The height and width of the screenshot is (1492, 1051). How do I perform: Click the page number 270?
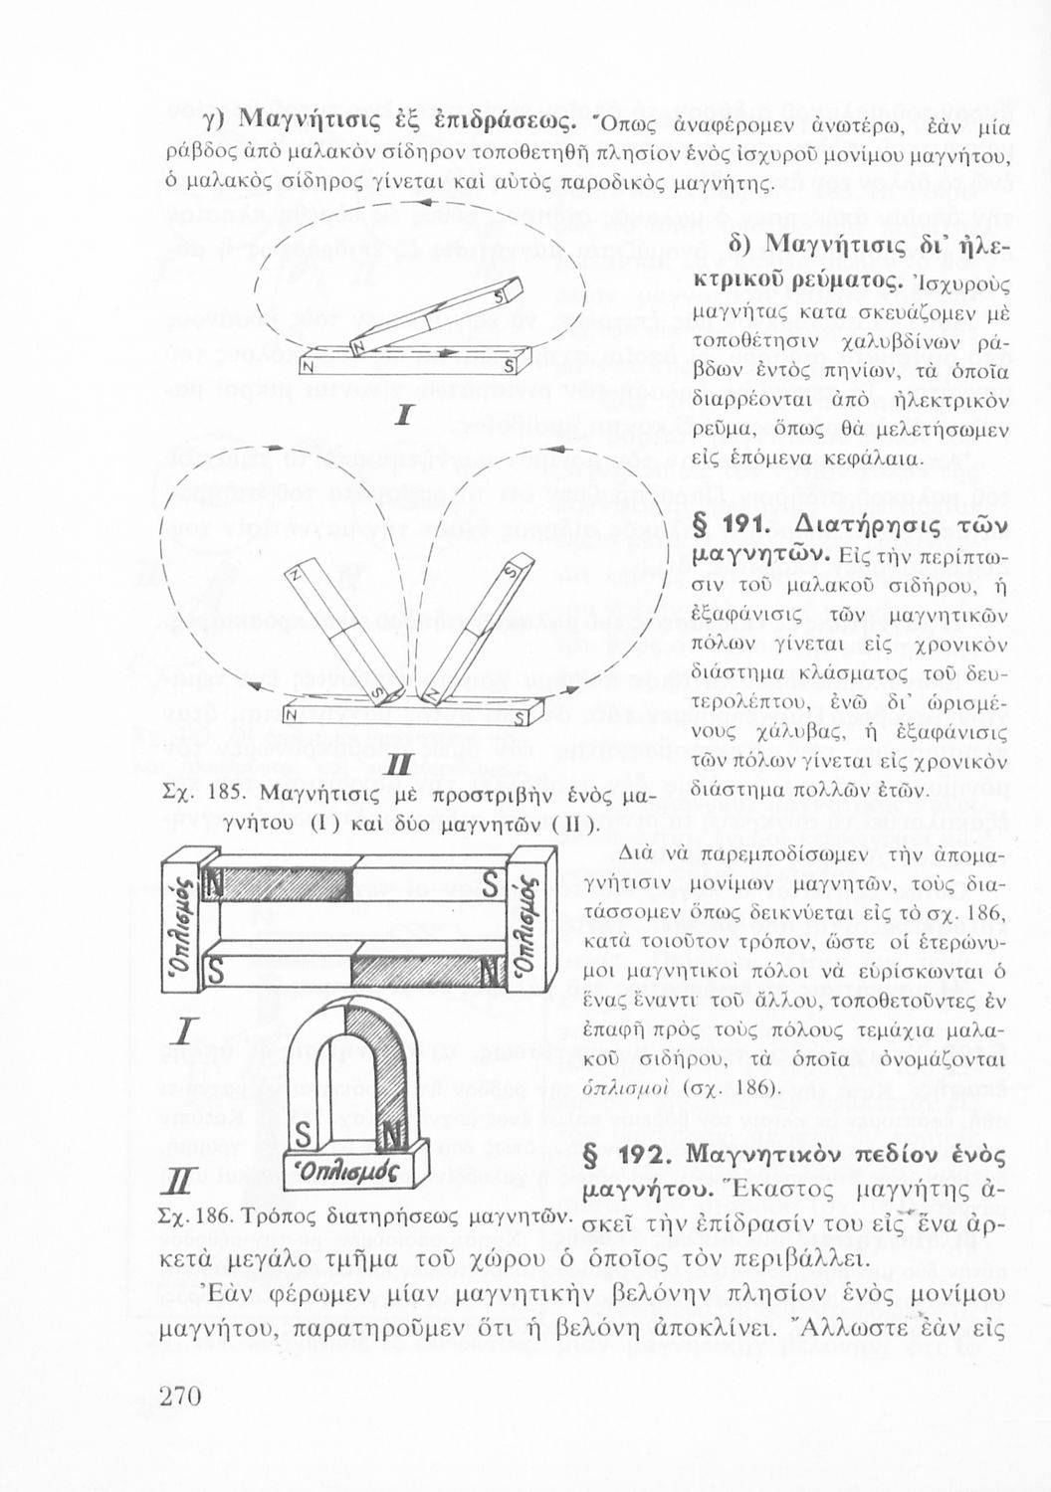click(x=181, y=1396)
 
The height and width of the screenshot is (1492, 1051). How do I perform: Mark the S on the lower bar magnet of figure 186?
click(x=215, y=966)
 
